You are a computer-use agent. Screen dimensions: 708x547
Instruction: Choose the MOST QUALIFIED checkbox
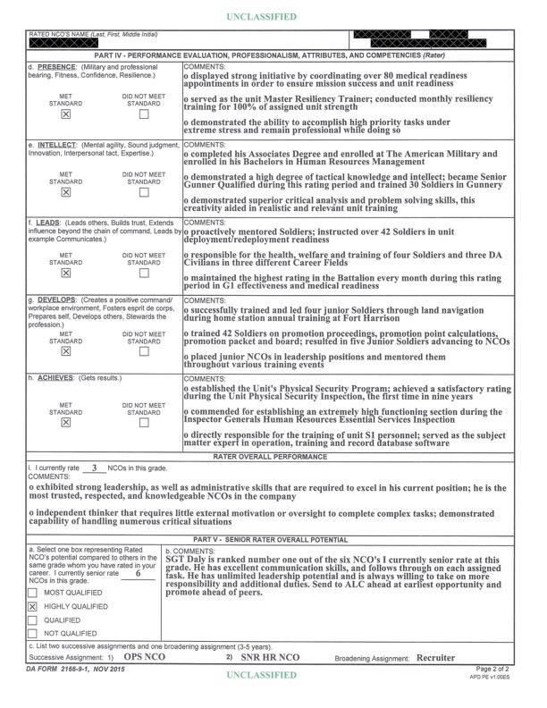tap(34, 592)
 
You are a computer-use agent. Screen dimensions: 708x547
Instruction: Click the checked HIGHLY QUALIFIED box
tap(34, 606)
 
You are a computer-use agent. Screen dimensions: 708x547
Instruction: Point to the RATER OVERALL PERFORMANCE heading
tap(273, 456)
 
